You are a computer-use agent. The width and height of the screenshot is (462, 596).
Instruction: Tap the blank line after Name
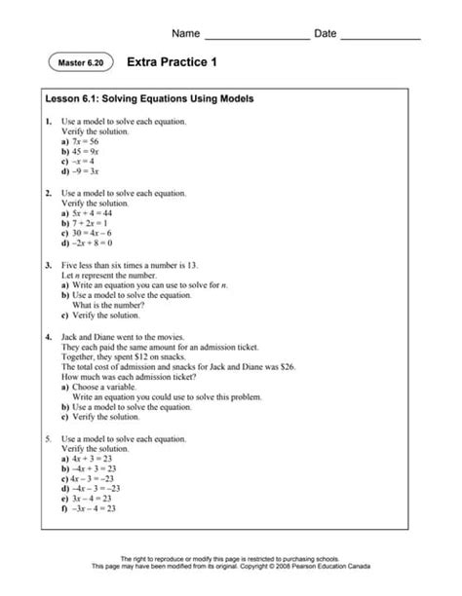click(256, 36)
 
